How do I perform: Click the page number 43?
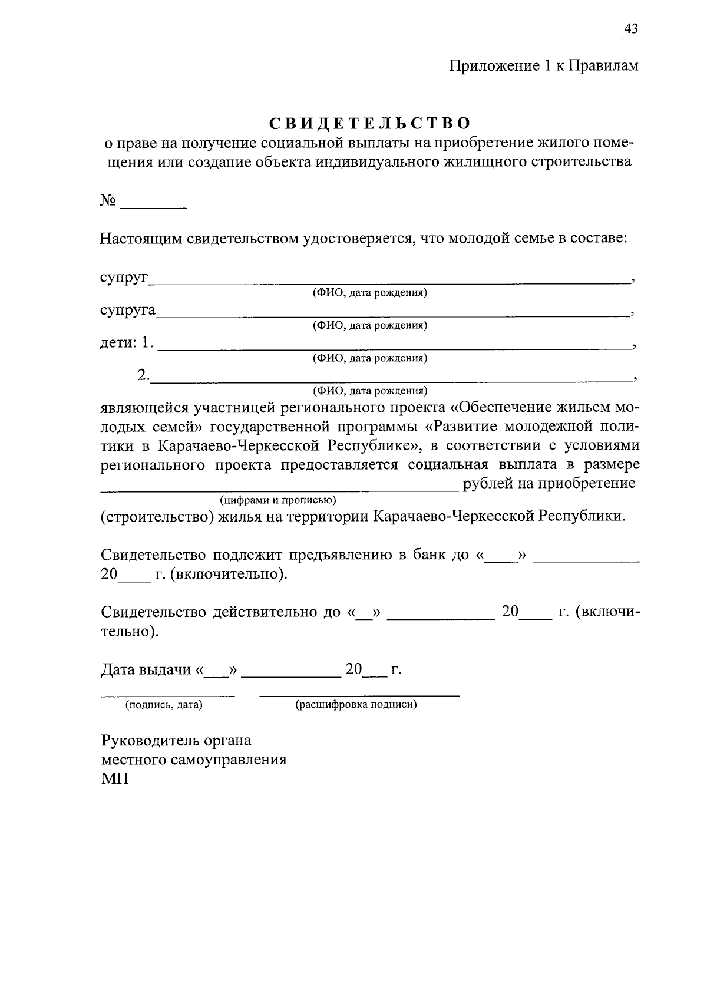click(630, 29)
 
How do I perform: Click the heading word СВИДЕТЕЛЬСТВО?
click(371, 123)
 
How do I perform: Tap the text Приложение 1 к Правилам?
click(544, 66)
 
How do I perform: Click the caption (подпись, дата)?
click(163, 705)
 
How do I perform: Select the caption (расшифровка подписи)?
click(356, 705)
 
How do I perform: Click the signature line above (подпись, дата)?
click(168, 695)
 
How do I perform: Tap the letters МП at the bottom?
click(115, 778)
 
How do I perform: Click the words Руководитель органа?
click(176, 740)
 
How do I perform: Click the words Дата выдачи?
click(147, 670)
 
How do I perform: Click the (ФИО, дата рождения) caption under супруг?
click(369, 293)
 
